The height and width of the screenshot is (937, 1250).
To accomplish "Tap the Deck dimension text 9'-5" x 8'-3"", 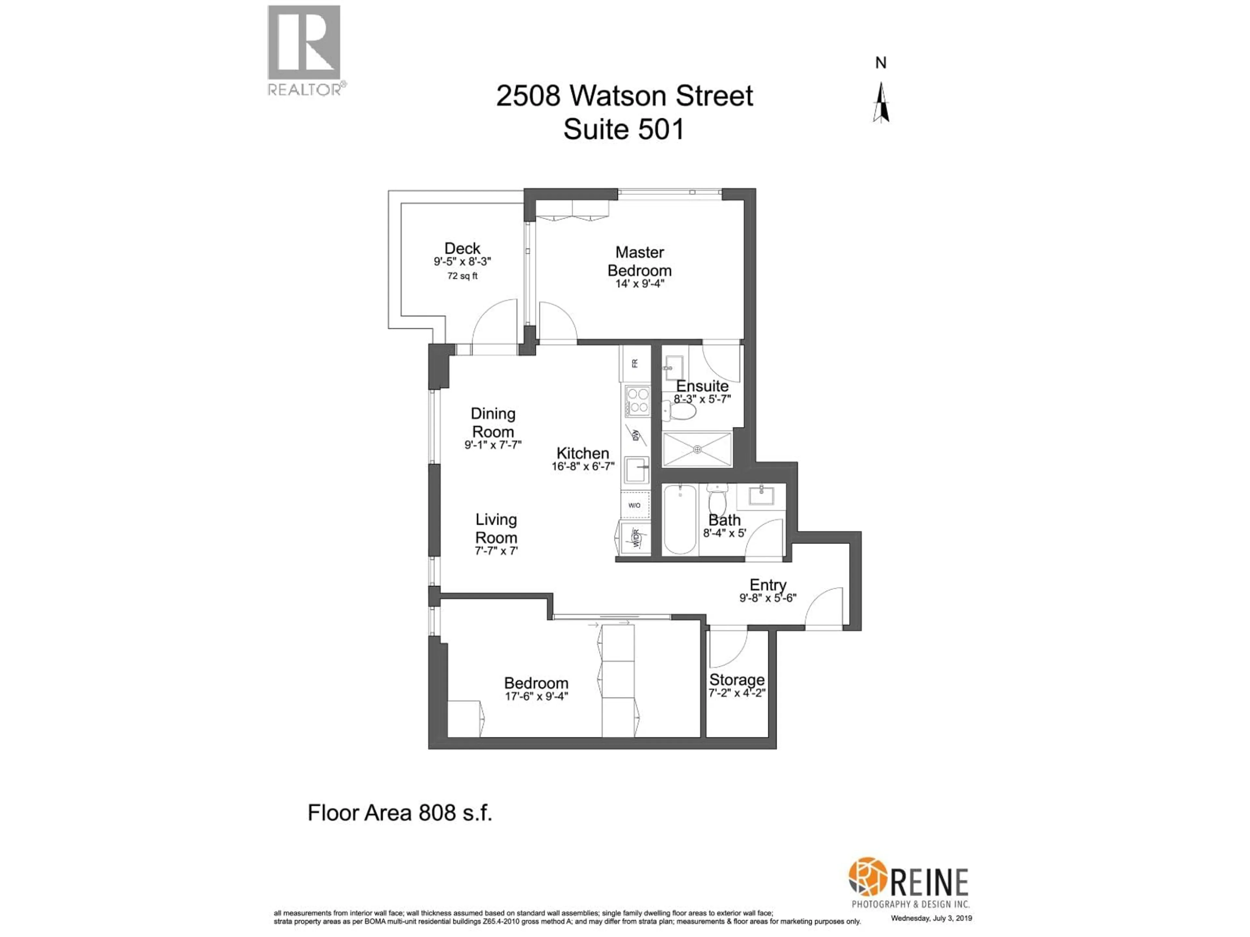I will pyautogui.click(x=462, y=262).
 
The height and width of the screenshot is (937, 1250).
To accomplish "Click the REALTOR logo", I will pyautogui.click(x=304, y=50).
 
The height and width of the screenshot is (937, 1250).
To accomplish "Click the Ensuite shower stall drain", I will pyautogui.click(x=697, y=450).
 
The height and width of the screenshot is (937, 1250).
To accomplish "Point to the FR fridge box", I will pyautogui.click(x=635, y=363).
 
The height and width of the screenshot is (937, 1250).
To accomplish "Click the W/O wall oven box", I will pyautogui.click(x=635, y=505).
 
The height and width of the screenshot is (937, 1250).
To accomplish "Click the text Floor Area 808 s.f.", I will pyautogui.click(x=399, y=813).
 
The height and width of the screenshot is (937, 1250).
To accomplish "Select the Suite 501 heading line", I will pyautogui.click(x=624, y=129).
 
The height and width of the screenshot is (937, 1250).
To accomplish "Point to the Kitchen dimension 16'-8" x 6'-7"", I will pyautogui.click(x=583, y=467).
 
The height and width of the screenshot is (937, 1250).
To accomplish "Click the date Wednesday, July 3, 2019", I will pyautogui.click(x=931, y=918).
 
